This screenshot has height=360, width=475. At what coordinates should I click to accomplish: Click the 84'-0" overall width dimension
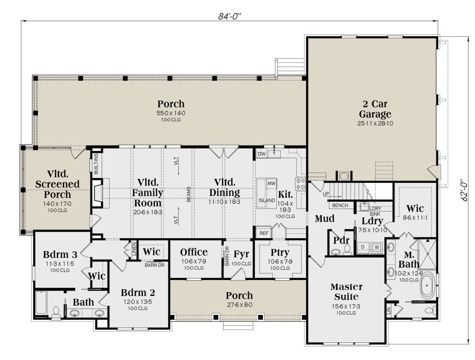[x=229, y=17]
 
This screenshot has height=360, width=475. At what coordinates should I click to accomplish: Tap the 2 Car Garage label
[x=375, y=109]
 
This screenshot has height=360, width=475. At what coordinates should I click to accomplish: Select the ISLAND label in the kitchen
[x=267, y=201]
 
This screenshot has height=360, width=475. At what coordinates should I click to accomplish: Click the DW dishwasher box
[x=262, y=154]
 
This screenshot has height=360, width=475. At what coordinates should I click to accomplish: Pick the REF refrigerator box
[x=264, y=233]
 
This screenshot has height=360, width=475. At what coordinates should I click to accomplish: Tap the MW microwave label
[x=272, y=184]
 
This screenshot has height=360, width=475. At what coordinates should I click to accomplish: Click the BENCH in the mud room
[x=340, y=205]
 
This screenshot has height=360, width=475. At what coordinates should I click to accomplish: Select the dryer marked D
[x=363, y=247]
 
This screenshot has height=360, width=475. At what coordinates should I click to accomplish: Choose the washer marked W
[x=377, y=247]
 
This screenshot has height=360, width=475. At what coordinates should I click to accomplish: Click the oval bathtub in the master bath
[x=427, y=285]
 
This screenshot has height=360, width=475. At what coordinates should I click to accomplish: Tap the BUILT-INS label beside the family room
[x=96, y=164]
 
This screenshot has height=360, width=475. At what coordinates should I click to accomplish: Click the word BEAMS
[x=188, y=194]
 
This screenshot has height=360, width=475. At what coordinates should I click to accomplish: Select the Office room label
[x=194, y=252]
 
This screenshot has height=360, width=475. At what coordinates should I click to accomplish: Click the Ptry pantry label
[x=280, y=253]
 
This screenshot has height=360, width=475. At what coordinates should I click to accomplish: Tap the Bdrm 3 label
[x=60, y=254]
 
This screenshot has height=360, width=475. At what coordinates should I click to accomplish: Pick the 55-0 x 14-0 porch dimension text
[x=171, y=113]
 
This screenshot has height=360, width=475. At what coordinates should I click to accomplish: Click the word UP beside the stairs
[x=326, y=194]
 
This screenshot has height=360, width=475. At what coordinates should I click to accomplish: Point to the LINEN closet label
[x=134, y=249]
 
